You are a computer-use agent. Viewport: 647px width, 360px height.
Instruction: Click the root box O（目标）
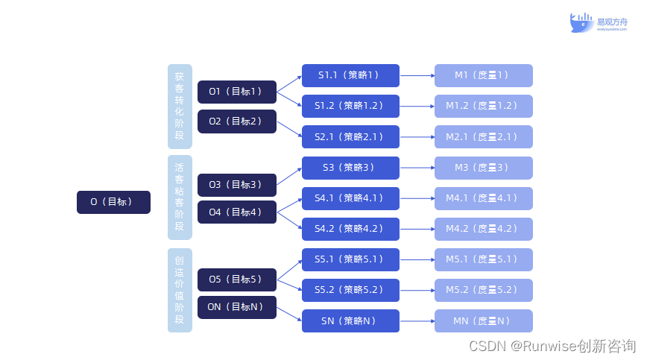(113, 202)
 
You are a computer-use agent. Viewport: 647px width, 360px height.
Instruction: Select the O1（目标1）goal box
(237, 92)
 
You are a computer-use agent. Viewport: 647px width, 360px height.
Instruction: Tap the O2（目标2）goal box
(237, 121)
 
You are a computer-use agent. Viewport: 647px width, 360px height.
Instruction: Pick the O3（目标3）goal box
(237, 185)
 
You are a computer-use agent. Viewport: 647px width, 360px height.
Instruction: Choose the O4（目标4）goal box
(237, 212)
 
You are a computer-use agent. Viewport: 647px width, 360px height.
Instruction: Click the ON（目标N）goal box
(237, 307)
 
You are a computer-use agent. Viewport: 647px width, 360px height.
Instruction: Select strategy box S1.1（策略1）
(350, 75)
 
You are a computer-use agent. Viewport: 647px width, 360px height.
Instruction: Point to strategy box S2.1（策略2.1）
(350, 137)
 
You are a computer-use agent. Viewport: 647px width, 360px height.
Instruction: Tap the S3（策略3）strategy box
(350, 168)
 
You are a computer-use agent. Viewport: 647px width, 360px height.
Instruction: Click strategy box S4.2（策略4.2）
(350, 229)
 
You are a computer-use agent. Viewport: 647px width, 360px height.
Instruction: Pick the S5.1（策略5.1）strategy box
(350, 259)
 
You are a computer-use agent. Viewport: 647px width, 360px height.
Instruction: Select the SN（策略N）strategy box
(350, 321)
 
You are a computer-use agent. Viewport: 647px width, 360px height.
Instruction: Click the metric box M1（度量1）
(484, 75)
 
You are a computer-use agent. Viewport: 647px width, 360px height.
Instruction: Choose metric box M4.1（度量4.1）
(484, 198)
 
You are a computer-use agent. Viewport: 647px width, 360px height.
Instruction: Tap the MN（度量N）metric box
(484, 321)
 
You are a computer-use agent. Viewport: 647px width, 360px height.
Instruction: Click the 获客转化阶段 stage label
(180, 106)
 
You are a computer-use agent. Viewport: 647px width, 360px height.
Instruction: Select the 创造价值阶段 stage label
(180, 291)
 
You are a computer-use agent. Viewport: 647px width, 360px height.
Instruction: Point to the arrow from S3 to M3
(417, 168)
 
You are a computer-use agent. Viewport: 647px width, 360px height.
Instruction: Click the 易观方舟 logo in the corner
(599, 23)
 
